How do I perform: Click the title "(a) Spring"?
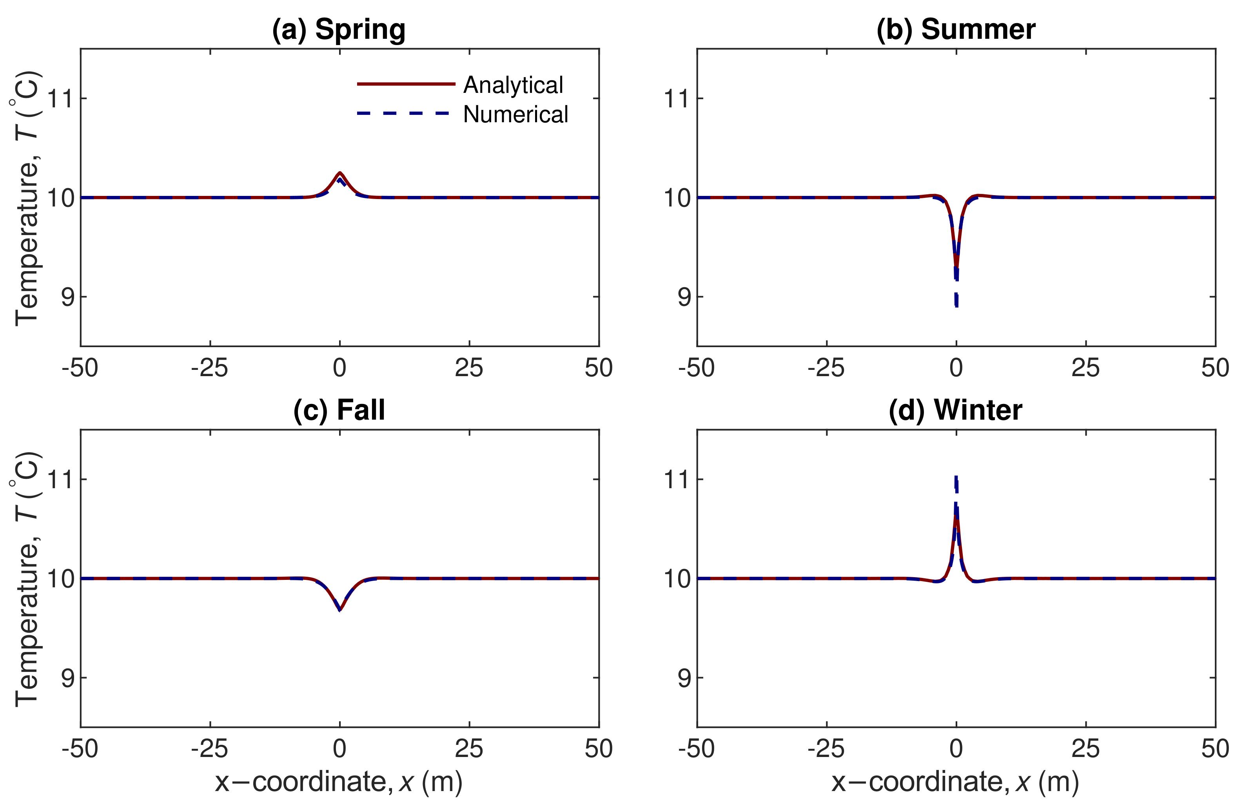(x=338, y=29)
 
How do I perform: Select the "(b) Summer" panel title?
(x=956, y=29)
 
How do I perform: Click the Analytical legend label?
(x=513, y=85)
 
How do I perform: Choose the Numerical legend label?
(x=515, y=114)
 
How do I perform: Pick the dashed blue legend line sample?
(x=403, y=113)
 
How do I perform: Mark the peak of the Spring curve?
(x=340, y=173)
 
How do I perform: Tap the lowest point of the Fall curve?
(x=340, y=610)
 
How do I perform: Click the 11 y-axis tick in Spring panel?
(x=60, y=98)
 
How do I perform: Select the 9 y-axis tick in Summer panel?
(x=684, y=297)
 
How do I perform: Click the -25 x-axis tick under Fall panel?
(x=209, y=749)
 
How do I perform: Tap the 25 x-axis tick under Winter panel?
(x=1085, y=749)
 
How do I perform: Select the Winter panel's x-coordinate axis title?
(x=955, y=782)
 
